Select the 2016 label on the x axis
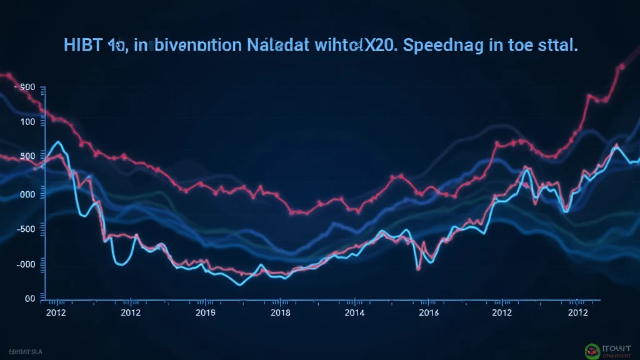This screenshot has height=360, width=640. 429,312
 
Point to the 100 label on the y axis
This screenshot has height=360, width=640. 28,122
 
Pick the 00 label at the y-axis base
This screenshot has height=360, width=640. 30,299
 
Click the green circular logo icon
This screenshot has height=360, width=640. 591,351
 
